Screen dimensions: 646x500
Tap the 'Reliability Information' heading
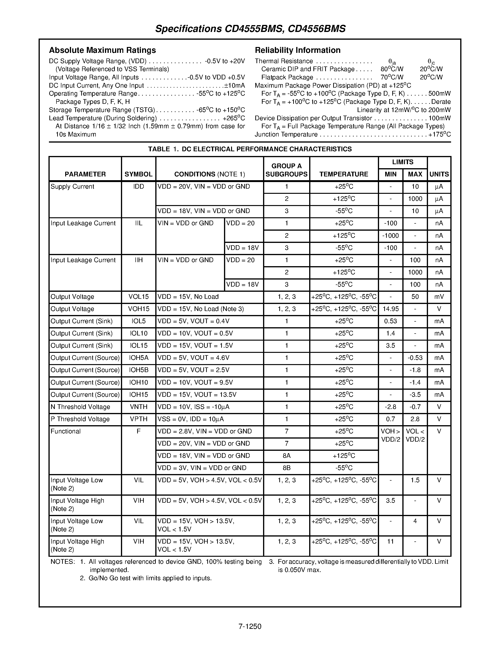297,50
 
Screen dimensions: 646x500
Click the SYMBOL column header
138,174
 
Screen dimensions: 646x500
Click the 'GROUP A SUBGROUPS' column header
286,170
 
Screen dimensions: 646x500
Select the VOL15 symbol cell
138,297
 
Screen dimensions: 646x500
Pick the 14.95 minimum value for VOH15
390,309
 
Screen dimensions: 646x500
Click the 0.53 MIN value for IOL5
390,321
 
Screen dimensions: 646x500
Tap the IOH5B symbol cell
138,370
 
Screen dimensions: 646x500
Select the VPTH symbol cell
138,419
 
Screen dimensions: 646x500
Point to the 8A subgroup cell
286,456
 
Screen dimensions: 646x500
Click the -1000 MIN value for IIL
390,236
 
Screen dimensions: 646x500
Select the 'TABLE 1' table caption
250,149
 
